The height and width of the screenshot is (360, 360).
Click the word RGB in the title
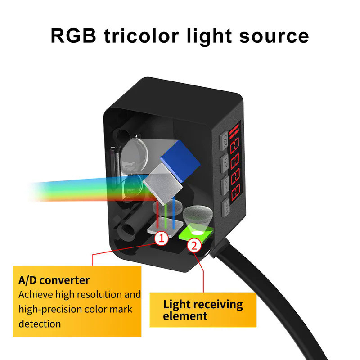coord(74,36)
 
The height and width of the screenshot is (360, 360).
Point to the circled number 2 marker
coord(194,246)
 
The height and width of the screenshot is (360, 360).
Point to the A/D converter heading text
coord(54,280)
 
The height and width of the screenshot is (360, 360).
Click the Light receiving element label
coord(202,310)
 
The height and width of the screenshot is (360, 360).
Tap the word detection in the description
coord(40,324)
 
